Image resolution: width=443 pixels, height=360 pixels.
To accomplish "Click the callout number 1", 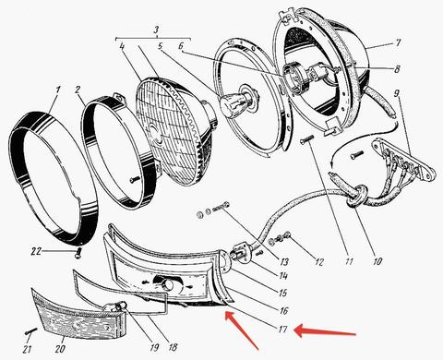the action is [x=56, y=90].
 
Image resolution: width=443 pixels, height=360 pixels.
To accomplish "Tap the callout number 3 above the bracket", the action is [x=156, y=30].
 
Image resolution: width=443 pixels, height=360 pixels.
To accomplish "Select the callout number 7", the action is [x=398, y=42].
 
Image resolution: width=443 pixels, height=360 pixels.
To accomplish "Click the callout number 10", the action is [x=377, y=261].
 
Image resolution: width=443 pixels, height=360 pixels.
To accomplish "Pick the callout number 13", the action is [x=284, y=262].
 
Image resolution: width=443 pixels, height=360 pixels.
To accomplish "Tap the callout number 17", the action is [x=282, y=330].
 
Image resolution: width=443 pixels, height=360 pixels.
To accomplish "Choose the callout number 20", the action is [x=60, y=349].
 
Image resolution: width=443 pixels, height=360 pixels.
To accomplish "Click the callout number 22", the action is [x=36, y=251].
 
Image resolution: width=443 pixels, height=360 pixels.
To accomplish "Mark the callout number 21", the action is [x=29, y=349].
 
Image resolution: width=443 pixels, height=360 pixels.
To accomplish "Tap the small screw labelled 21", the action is [x=30, y=331].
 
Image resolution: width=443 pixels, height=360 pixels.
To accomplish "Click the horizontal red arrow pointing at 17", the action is [x=326, y=331].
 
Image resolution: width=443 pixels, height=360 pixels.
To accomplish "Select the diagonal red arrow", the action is [x=242, y=330].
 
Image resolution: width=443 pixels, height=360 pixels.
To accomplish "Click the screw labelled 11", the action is [x=306, y=139].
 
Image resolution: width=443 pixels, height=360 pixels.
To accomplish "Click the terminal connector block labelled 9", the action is [x=403, y=161].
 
